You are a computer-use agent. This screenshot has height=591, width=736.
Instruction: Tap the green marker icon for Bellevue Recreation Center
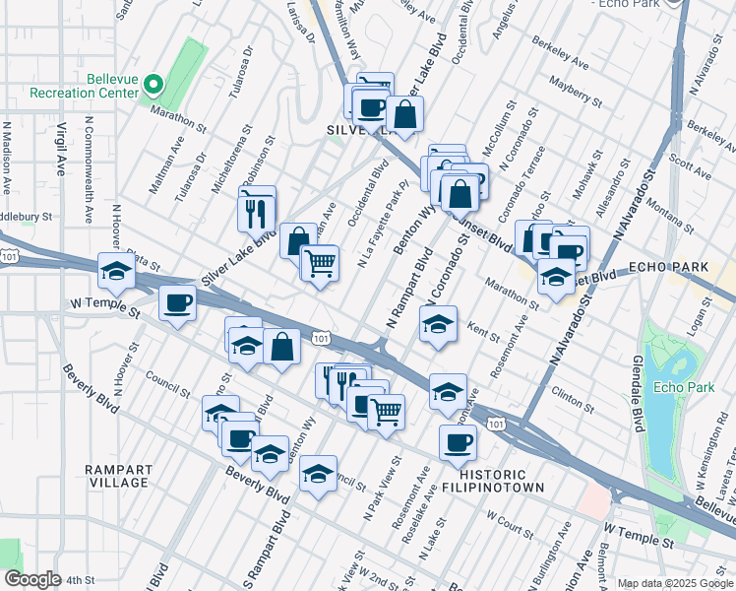pos(153,85)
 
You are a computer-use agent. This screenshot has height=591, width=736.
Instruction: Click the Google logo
pos(32,579)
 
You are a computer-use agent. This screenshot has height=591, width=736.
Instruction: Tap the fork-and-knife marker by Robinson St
pos(256,210)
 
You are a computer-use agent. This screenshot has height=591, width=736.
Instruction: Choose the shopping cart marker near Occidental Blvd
pos(319,263)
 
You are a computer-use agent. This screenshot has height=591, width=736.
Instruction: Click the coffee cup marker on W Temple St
pos(177,302)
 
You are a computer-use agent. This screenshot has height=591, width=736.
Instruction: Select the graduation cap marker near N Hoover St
pos(116,272)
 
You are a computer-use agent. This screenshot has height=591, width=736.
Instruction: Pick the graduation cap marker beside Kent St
pos(439,323)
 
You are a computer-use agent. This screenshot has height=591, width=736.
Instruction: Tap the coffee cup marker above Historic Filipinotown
pos(458,442)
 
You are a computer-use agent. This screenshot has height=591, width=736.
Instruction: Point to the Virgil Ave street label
pos(61,148)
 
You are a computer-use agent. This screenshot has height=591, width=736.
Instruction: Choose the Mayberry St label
pos(576,94)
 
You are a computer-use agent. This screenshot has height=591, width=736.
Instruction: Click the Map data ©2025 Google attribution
pos(673,583)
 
